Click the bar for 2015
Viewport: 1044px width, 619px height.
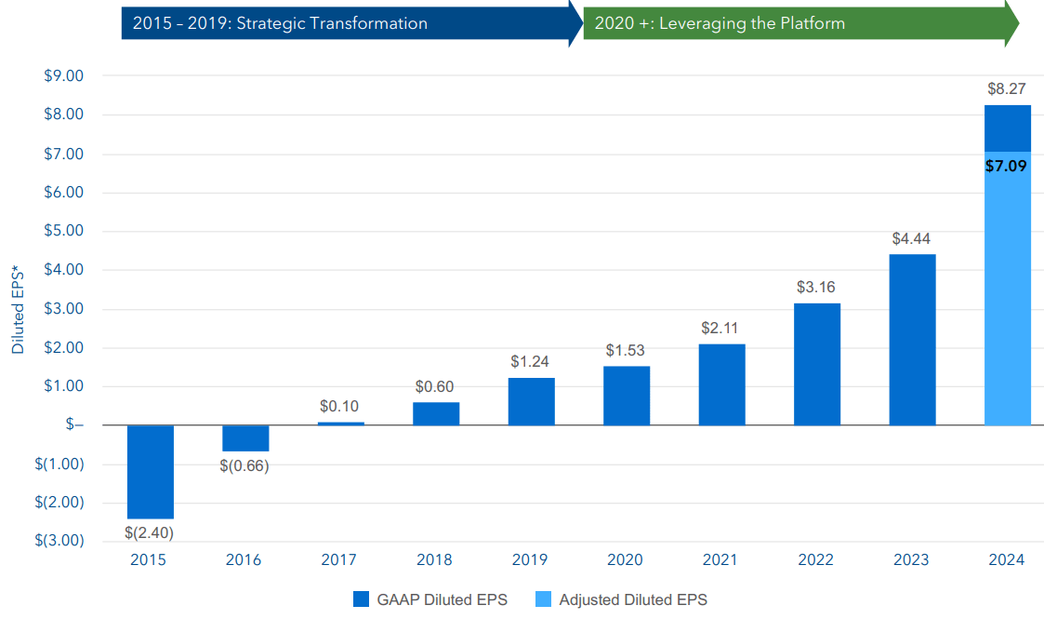(151, 472)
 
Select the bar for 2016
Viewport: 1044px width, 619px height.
(245, 438)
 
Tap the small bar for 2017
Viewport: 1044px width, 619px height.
(341, 424)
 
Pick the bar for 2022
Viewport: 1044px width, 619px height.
(817, 364)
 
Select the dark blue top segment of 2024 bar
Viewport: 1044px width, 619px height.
(1007, 128)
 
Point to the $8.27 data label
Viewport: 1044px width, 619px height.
(1007, 89)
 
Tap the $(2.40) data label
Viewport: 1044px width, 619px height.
(150, 533)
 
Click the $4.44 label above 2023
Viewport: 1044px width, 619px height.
(911, 239)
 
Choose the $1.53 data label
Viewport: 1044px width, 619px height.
(626, 351)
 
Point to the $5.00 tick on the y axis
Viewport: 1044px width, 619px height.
(64, 231)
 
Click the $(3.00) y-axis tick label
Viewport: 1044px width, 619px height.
(60, 541)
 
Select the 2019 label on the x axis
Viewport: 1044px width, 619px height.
(530, 560)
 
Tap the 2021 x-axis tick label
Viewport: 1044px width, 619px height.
(720, 560)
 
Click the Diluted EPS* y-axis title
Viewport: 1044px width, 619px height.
(19, 308)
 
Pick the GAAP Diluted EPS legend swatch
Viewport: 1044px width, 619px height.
(362, 599)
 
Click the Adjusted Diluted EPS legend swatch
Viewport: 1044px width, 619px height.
(544, 599)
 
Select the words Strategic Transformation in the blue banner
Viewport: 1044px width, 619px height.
(332, 23)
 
